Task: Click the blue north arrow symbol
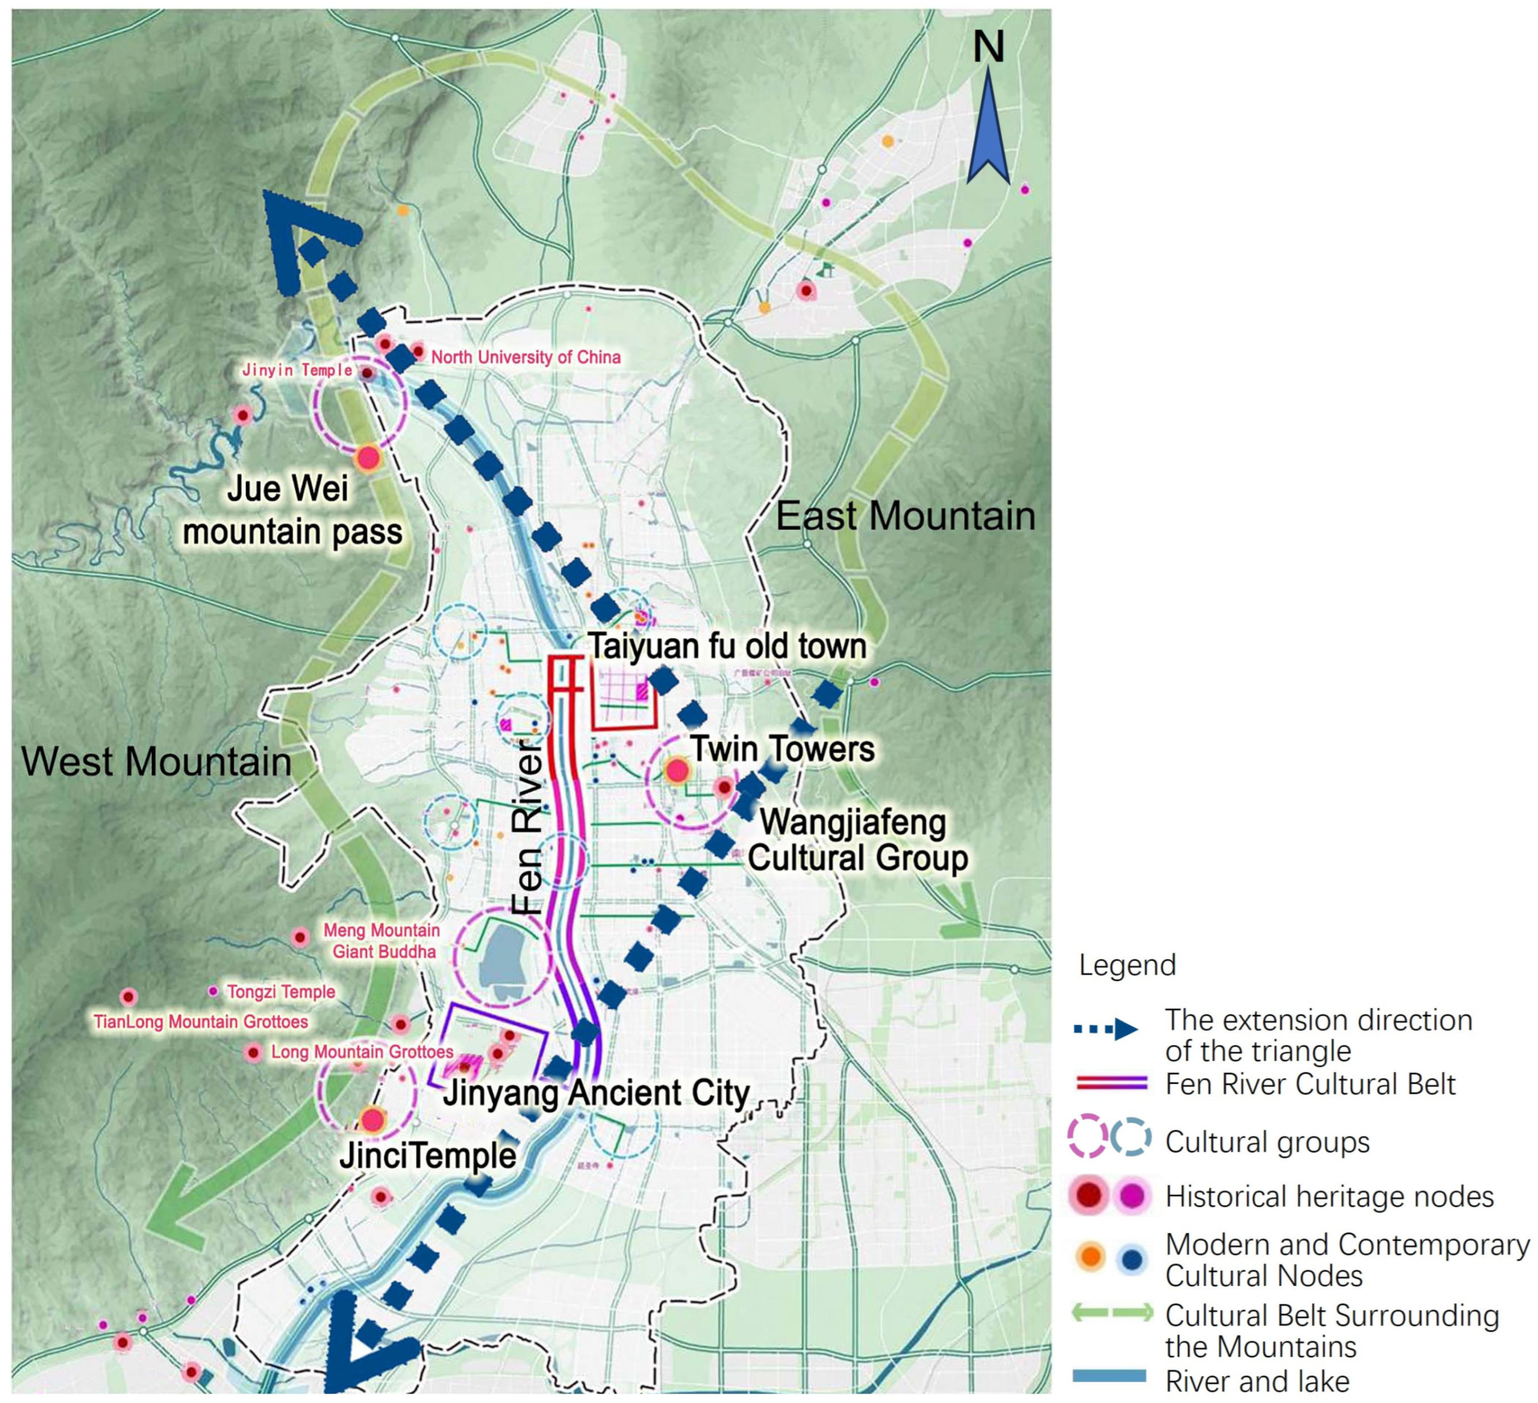pyautogui.click(x=988, y=130)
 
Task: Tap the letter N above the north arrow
pyautogui.click(x=988, y=47)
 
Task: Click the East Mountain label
pyautogui.click(x=906, y=517)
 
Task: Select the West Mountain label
pyautogui.click(x=156, y=762)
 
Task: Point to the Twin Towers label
pyautogui.click(x=783, y=748)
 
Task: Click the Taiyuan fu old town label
pyautogui.click(x=727, y=646)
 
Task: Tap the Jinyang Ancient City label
pyautogui.click(x=597, y=1093)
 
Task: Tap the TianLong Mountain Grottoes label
pyautogui.click(x=201, y=1021)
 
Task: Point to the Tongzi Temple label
pyautogui.click(x=281, y=991)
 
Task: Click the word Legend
pyautogui.click(x=1127, y=965)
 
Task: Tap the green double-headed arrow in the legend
pyautogui.click(x=1112, y=1313)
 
